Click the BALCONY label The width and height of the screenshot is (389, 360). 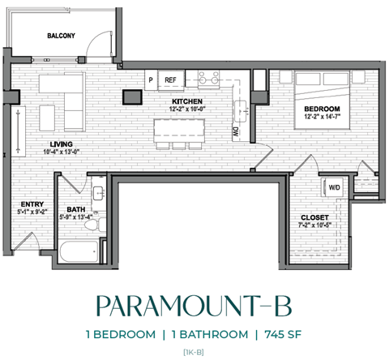coord(61,36)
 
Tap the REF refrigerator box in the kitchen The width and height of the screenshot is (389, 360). coord(171,79)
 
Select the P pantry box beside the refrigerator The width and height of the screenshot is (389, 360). coord(152,79)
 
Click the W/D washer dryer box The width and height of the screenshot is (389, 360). coord(334,188)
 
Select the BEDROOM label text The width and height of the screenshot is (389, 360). coord(322,109)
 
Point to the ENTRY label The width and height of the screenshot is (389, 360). coord(32,204)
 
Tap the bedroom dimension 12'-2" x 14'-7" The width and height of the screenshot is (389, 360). coord(322,118)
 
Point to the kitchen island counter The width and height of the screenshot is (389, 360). coord(180,127)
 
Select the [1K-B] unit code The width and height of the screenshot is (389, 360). coord(194,351)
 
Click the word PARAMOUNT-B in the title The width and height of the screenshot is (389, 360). coord(194,306)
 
